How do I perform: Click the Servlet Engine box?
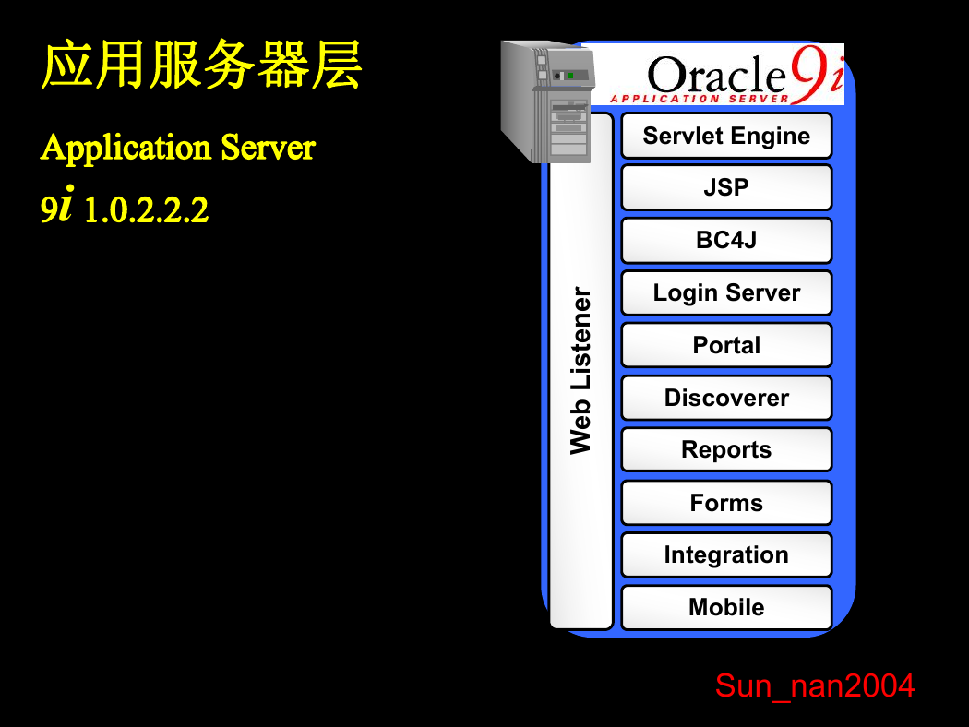(x=726, y=136)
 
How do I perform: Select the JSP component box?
(x=726, y=188)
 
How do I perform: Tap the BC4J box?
(x=726, y=240)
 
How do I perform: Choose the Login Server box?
(x=726, y=292)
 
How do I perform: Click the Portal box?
(x=726, y=345)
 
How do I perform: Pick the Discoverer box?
(x=726, y=398)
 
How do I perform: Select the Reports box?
(x=726, y=449)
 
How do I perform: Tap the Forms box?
(x=726, y=503)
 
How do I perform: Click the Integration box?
(x=726, y=555)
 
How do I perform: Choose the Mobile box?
(x=726, y=608)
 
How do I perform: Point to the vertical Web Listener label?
(x=580, y=371)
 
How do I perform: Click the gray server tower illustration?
(x=546, y=101)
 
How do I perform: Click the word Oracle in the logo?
(x=715, y=76)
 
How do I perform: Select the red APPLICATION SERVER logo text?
(x=700, y=99)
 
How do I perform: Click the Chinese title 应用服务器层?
(x=201, y=65)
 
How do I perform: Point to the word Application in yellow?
(x=126, y=149)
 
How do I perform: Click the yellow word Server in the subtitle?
(x=269, y=148)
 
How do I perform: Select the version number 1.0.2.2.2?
(x=146, y=210)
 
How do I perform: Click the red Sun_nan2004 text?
(x=815, y=686)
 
